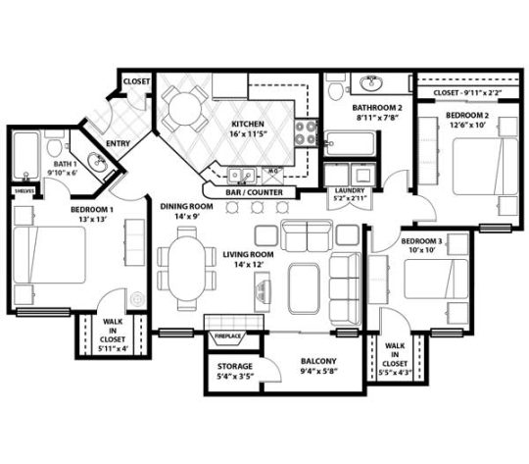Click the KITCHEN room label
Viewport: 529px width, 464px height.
point(246,124)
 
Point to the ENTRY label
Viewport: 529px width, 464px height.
point(119,146)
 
